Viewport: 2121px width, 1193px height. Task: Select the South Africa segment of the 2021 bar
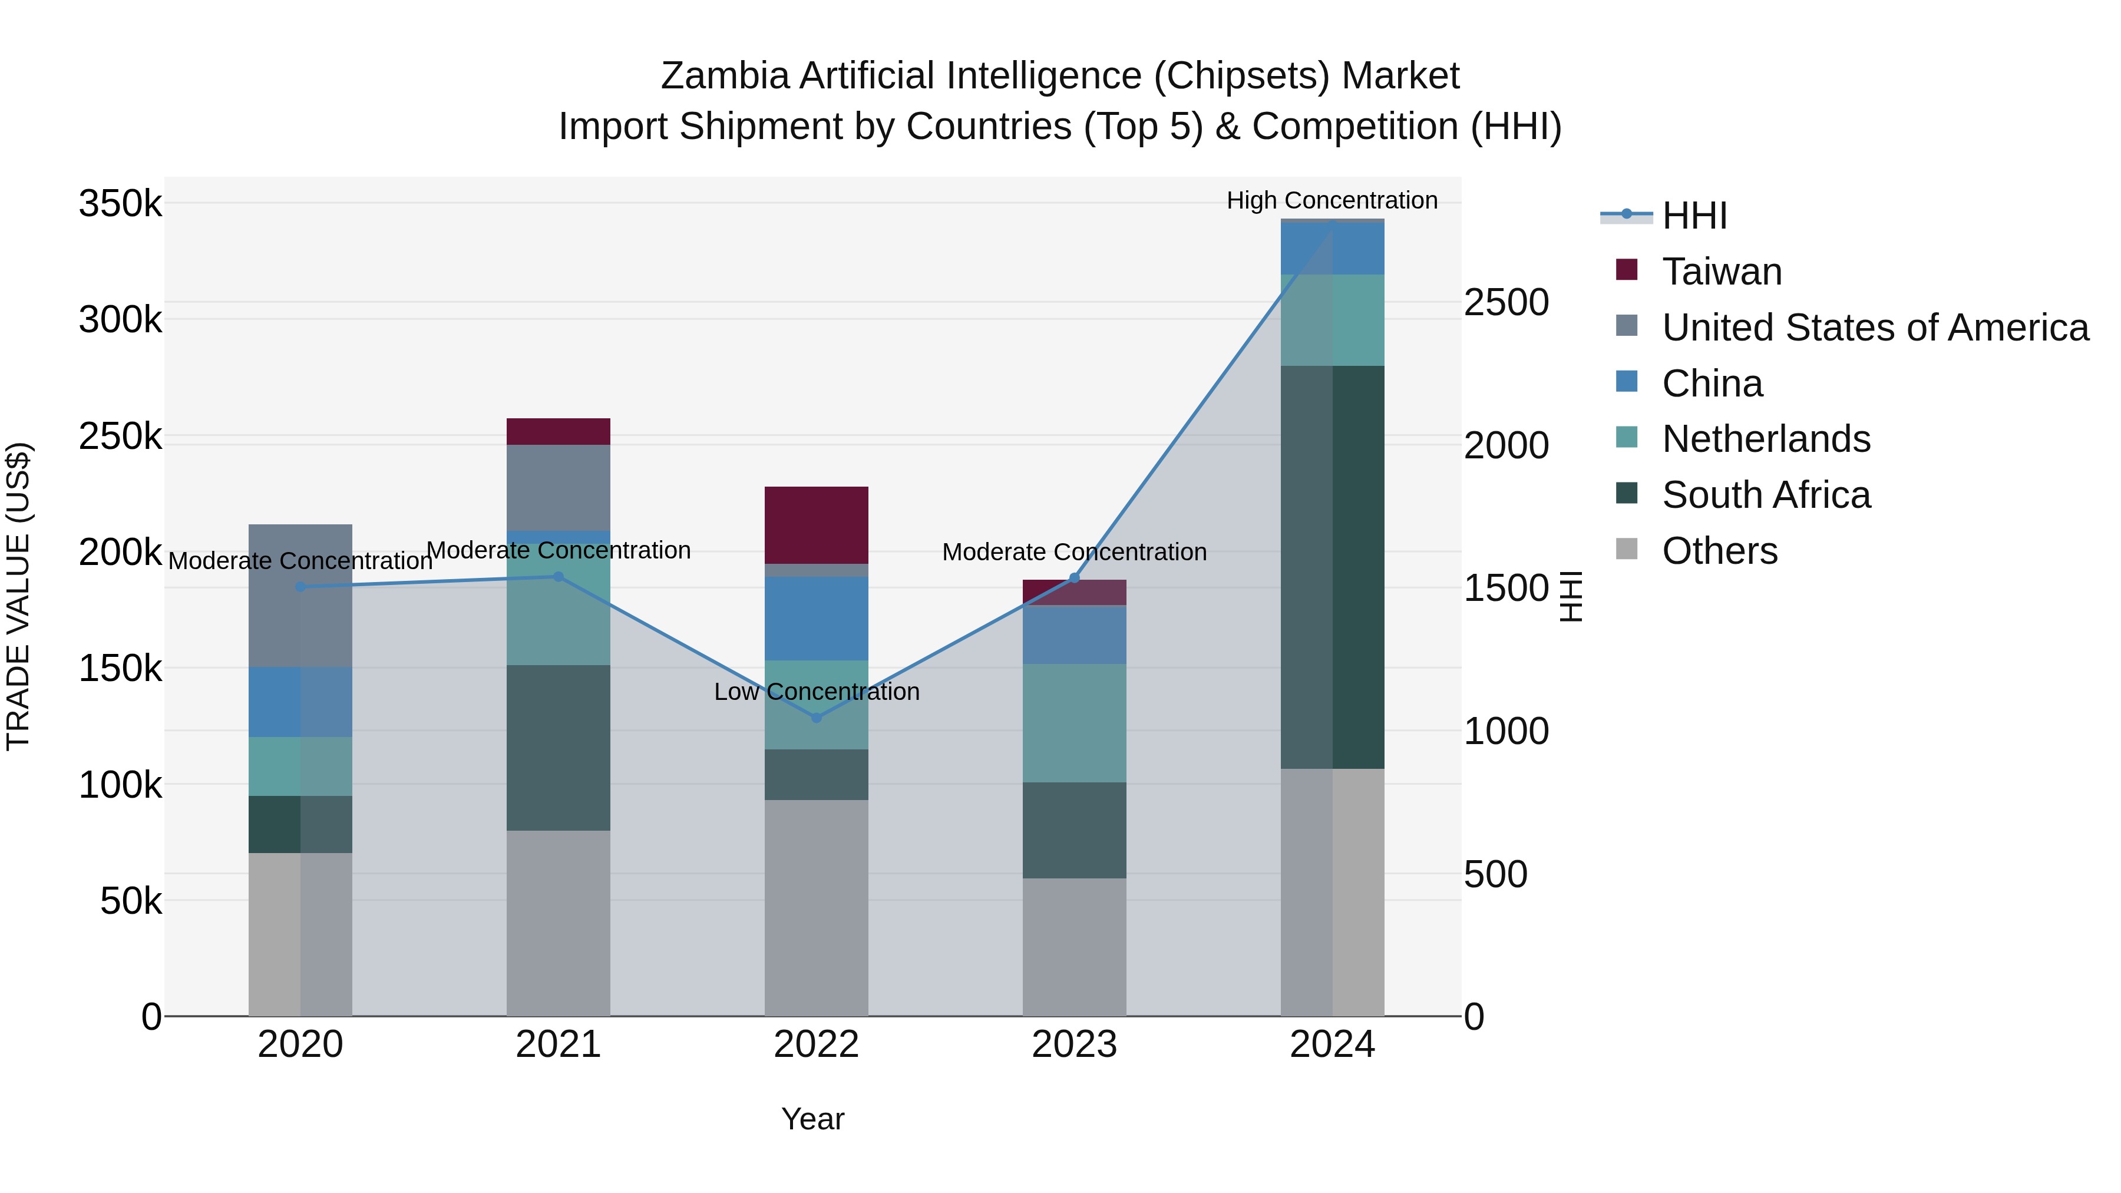tap(559, 747)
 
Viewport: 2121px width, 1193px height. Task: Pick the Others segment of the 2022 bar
tap(816, 907)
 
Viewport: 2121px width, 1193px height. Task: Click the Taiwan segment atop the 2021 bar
tap(559, 431)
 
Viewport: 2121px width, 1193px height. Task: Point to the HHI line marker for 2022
tap(816, 718)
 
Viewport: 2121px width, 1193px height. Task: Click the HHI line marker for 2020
tap(300, 587)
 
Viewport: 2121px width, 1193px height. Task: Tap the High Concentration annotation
tap(1332, 200)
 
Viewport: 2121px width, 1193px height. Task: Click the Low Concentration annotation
tap(816, 692)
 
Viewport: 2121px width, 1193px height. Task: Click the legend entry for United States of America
tap(1874, 328)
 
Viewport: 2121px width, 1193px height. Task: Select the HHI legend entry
tap(1694, 216)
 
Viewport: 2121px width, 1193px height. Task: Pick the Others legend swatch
tap(1626, 549)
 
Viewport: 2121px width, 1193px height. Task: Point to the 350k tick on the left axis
tap(120, 203)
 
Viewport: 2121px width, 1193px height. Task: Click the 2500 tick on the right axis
tap(1505, 302)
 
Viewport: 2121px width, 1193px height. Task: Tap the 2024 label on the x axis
tap(1332, 1045)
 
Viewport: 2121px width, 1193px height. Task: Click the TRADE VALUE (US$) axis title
tap(18, 596)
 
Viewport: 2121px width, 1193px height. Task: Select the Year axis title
tap(812, 1119)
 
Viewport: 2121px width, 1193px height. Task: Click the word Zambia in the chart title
tap(725, 76)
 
